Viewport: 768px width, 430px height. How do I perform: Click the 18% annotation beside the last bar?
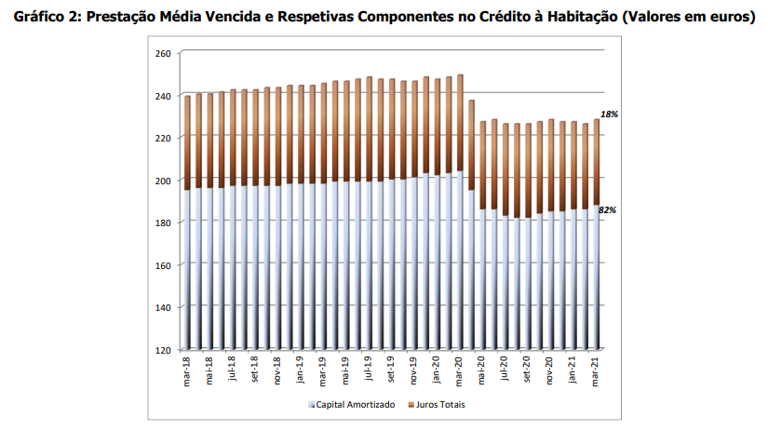609,114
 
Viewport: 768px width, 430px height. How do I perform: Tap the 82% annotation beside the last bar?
609,210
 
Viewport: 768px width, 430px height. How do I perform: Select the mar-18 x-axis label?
187,372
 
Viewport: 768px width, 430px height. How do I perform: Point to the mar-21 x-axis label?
597,372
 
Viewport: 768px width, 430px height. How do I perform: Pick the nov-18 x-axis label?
278,372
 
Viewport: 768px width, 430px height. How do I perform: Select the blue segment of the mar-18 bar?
187,270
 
